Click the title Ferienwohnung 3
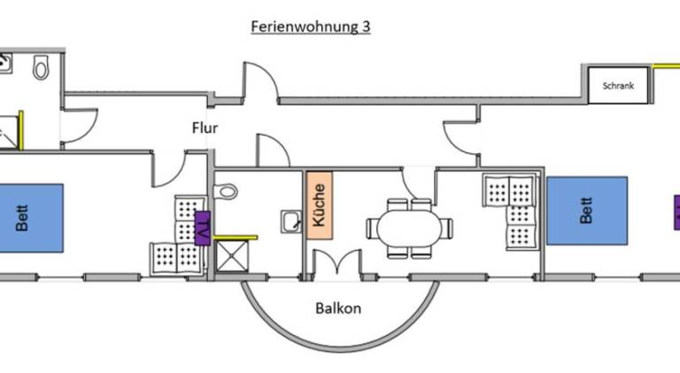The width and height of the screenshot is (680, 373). [311, 27]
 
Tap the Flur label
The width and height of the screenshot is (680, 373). [205, 128]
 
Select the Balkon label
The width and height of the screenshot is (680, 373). [338, 308]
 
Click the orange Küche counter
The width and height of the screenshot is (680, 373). [320, 206]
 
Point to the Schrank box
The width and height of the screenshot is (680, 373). [618, 85]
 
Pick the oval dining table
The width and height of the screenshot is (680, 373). [409, 229]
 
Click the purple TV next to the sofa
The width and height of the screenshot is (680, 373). [203, 228]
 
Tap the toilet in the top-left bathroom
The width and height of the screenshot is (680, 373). [42, 66]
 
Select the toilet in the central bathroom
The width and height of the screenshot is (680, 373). [226, 190]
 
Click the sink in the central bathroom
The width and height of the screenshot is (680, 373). [291, 221]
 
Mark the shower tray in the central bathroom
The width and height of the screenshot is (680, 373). [232, 256]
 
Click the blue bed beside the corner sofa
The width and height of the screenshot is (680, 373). [587, 211]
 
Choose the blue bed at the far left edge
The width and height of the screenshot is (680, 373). [30, 218]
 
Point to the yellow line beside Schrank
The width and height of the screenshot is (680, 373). [666, 66]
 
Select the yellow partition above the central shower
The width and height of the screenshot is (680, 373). [236, 237]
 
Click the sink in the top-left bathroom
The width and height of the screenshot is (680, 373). [5, 63]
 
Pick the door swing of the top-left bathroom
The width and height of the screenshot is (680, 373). [80, 125]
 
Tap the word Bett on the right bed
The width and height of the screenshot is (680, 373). [586, 210]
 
